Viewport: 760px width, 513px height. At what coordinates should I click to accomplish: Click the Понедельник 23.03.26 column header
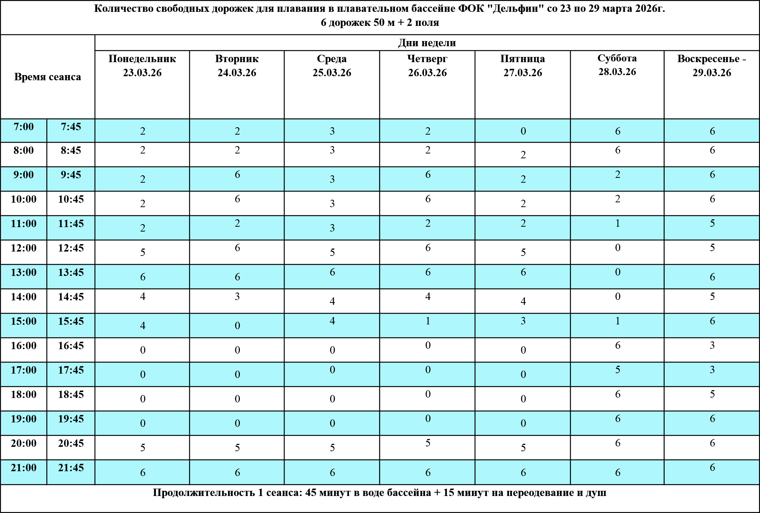142,65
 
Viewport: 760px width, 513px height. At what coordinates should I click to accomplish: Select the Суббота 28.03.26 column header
617,65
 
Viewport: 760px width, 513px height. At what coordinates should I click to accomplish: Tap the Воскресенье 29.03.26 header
712,65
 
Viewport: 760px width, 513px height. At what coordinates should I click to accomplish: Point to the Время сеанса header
48,77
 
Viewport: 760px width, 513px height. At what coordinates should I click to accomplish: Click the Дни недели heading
427,43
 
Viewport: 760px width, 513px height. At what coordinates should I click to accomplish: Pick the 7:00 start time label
24,127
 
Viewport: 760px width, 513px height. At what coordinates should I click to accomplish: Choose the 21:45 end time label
71,468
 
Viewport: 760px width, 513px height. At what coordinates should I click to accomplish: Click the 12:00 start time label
24,248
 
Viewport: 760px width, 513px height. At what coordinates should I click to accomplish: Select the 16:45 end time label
71,346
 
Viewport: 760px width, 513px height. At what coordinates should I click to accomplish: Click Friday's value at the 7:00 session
523,131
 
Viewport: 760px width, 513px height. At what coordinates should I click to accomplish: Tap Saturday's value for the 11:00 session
618,223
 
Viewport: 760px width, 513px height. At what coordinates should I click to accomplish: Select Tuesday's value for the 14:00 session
237,297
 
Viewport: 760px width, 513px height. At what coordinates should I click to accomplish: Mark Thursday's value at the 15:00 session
428,321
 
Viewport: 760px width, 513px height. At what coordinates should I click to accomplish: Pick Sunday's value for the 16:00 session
712,345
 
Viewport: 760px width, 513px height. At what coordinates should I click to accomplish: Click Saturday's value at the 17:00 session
618,370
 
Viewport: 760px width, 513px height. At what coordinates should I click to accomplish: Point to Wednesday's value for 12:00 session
332,253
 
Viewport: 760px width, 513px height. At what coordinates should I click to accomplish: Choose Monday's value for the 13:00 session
143,277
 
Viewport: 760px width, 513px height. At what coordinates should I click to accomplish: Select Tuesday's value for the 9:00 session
237,175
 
